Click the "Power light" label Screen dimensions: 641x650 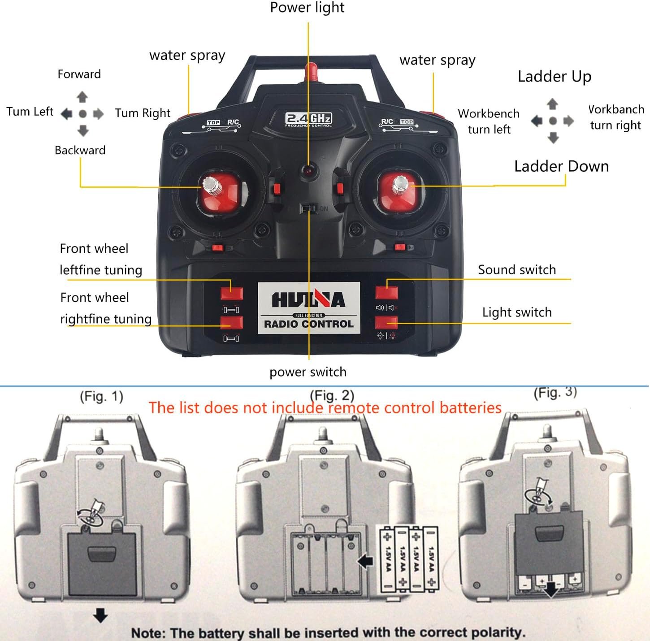[307, 8]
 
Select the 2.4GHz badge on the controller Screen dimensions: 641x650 [308, 119]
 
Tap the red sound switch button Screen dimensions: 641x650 [386, 293]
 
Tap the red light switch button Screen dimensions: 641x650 [386, 322]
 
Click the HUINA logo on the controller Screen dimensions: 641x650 [308, 299]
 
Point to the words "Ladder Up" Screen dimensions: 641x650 [554, 77]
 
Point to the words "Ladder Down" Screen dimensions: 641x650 [561, 166]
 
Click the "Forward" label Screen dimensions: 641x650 [79, 74]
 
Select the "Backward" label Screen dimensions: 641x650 [80, 150]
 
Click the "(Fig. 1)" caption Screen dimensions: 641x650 [101, 396]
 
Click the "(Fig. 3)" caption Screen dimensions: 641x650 [555, 393]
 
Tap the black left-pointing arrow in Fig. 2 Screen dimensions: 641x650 [366, 561]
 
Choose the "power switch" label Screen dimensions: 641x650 [308, 372]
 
